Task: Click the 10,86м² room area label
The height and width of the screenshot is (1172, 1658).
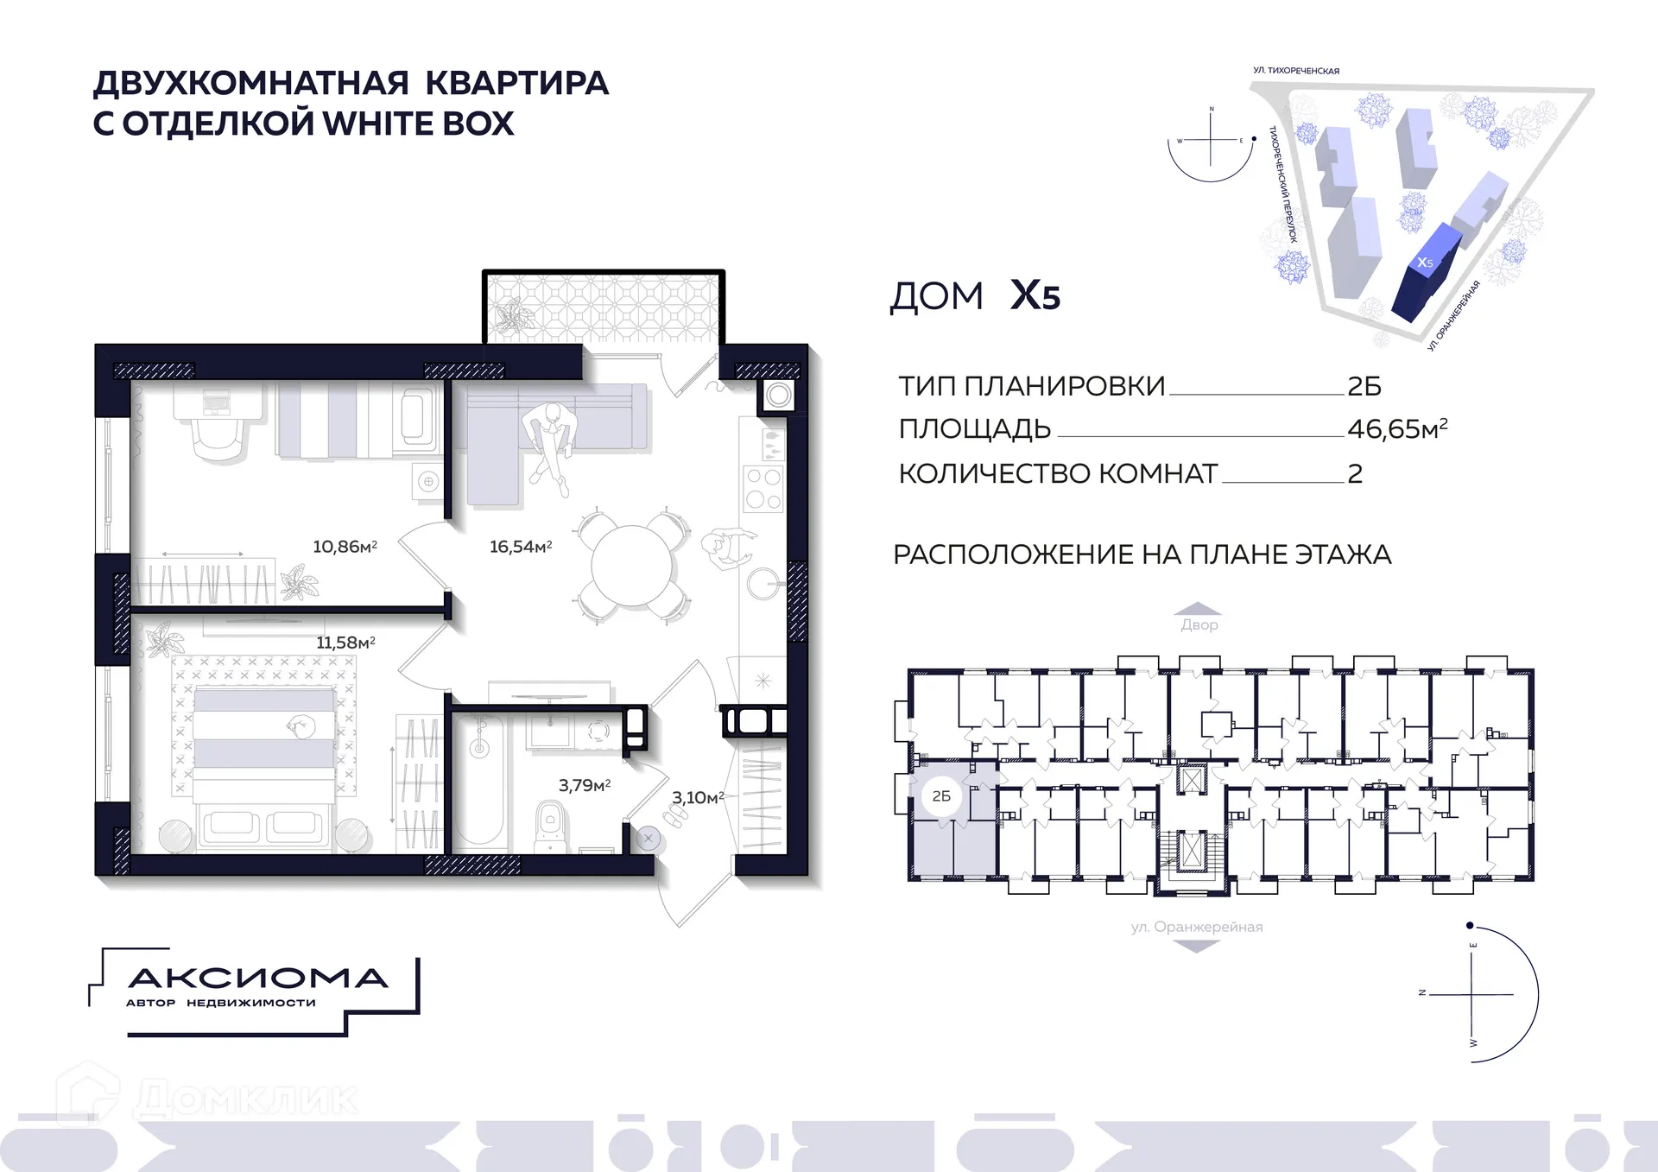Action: pos(345,547)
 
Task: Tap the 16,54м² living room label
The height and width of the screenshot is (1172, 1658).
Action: pos(521,547)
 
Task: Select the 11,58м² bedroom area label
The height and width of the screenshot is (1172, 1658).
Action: pos(345,643)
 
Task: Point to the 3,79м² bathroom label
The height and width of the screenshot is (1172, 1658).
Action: pos(585,785)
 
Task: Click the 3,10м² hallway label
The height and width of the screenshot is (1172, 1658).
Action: pos(698,797)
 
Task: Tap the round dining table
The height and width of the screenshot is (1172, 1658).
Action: pos(631,566)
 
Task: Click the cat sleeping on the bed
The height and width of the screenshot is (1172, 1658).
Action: pos(301,727)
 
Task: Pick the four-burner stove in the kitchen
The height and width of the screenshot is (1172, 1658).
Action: pos(763,488)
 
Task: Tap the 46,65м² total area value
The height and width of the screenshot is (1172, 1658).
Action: pos(1396,428)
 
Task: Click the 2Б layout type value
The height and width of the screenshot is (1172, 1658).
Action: pos(1364,386)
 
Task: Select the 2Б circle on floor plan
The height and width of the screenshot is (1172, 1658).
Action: pos(941,795)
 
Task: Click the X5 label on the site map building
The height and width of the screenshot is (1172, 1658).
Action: pos(1425,263)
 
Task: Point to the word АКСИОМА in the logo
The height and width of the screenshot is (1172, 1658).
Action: pos(257,979)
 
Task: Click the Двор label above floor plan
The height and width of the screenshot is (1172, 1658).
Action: pos(1199,624)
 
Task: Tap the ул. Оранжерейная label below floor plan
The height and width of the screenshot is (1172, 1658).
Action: pos(1197,927)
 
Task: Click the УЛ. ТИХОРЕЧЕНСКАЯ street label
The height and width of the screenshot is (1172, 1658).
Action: pos(1295,71)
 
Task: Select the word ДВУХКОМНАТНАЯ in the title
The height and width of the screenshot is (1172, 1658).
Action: pos(250,84)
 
